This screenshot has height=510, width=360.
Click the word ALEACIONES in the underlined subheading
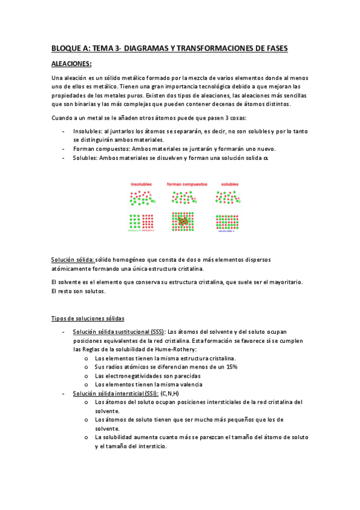pyautogui.click(x=70, y=63)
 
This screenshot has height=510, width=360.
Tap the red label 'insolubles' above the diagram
pyautogui.click(x=142, y=184)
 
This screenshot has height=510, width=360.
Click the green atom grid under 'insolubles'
pyautogui.click(x=135, y=220)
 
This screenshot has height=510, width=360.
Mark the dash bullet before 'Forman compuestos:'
pyautogui.click(x=64, y=149)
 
